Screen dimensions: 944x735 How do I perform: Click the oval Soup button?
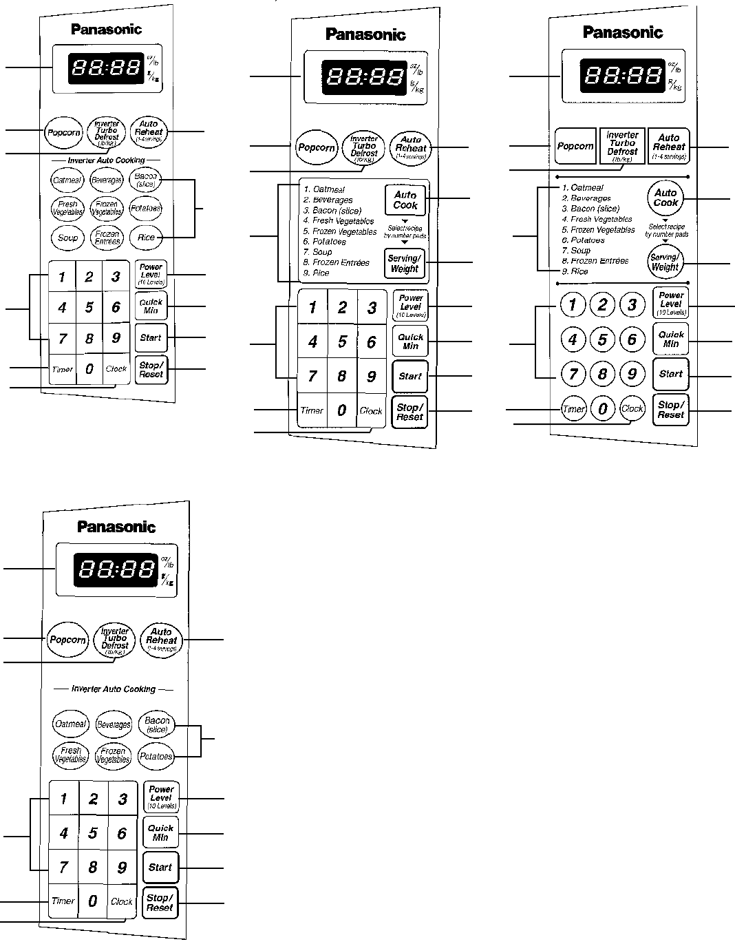pos(67,238)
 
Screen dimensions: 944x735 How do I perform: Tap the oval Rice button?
pos(146,238)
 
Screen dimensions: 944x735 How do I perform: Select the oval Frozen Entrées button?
pos(107,238)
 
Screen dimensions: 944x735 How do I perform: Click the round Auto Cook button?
pos(665,198)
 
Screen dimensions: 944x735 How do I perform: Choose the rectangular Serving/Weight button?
pos(404,264)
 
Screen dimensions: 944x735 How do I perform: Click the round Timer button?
pos(573,409)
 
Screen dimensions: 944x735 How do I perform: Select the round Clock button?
pos(632,408)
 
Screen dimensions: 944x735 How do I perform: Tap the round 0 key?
pos(603,409)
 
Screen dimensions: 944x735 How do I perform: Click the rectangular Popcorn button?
pos(575,146)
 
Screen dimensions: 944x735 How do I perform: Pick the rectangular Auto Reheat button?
pos(668,146)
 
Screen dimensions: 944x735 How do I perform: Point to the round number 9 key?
pos(632,374)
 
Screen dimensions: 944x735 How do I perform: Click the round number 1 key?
pos(573,304)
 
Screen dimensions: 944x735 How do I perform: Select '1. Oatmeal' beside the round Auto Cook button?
pos(583,187)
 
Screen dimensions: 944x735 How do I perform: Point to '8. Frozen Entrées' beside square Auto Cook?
pos(337,262)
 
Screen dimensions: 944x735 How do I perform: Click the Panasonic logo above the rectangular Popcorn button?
pos(623,32)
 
